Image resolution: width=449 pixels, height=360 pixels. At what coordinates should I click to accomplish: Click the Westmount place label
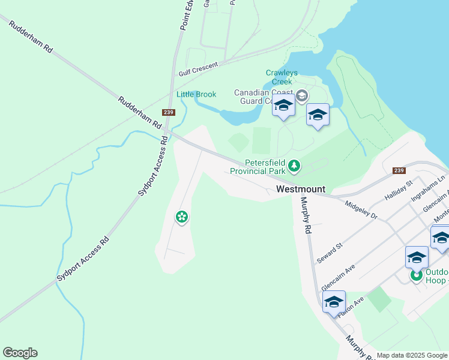click(301, 189)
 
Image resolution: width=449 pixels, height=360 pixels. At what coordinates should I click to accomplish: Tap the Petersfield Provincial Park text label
click(265, 167)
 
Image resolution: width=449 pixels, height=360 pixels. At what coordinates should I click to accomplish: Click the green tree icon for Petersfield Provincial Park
click(294, 165)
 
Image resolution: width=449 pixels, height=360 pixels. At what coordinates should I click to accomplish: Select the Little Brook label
click(196, 94)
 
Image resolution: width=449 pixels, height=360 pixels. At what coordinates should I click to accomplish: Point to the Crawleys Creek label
click(279, 77)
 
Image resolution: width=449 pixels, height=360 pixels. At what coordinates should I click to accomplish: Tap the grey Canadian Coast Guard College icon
click(301, 95)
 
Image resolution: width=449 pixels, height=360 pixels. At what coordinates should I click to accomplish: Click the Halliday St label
click(400, 191)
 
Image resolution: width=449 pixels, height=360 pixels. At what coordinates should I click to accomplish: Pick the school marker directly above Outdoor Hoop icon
click(417, 257)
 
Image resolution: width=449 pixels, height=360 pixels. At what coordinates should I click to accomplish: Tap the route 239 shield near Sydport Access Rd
click(168, 112)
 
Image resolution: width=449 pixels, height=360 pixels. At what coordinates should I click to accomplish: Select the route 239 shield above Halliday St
click(399, 170)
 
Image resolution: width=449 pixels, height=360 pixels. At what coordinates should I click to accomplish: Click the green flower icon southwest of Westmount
click(181, 217)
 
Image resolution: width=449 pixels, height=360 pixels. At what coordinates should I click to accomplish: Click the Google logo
click(20, 353)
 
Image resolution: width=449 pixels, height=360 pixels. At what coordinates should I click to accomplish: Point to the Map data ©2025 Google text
click(412, 355)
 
